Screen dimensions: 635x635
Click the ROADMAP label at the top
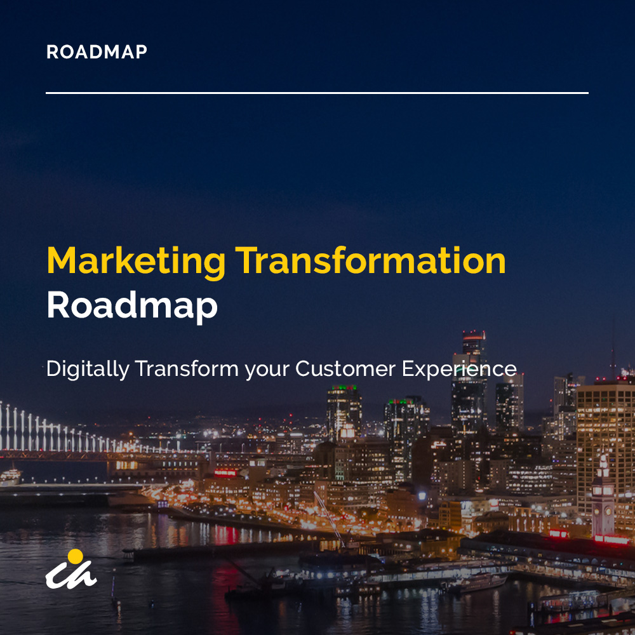[x=97, y=52]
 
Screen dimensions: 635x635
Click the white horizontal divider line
[x=317, y=93]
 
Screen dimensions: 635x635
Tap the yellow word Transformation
[x=371, y=260]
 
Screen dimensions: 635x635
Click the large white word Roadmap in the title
[x=132, y=306]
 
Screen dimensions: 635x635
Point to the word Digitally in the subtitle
[x=88, y=370]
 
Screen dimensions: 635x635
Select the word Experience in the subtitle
[x=459, y=370]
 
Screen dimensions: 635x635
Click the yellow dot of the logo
[x=75, y=556]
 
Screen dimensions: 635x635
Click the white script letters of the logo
[x=71, y=575]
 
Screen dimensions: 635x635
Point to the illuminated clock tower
[x=603, y=496]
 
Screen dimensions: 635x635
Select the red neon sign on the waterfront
[x=225, y=472]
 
